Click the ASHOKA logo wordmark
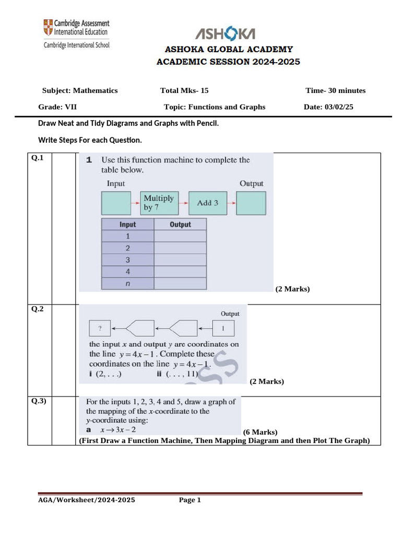225,34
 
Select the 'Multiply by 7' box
159,203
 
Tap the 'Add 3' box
207,203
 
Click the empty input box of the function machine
115,203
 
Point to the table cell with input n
127,284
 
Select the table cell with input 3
127,260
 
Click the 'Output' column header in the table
180,224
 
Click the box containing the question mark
99,329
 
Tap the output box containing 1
223,329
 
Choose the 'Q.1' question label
38,158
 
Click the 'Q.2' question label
38,309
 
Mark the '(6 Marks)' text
260,432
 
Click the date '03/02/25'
339,107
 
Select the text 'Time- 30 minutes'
335,90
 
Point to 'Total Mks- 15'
184,90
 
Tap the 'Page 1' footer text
190,500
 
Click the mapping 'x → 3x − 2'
118,429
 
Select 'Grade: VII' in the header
57,107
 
